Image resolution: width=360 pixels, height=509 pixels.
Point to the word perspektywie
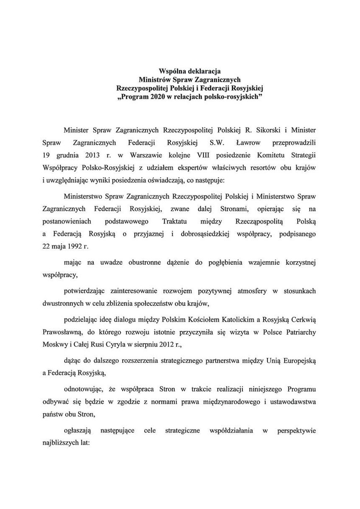click(297, 430)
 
